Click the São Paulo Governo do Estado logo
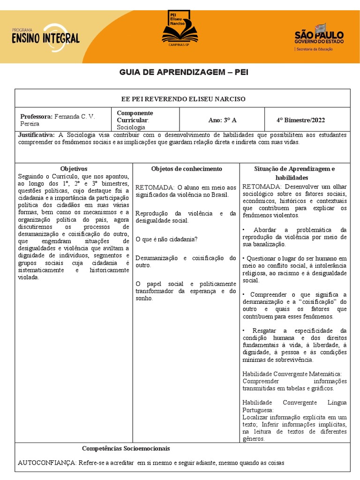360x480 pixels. [319, 37]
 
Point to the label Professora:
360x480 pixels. [37, 117]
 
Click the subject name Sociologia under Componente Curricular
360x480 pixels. [131, 127]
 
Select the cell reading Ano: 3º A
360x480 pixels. [222, 120]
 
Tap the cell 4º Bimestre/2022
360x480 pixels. [300, 120]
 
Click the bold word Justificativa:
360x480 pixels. [36, 135]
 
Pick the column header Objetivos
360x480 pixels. [74, 169]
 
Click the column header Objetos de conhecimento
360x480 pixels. [187, 169]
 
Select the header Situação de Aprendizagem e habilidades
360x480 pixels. [294, 173]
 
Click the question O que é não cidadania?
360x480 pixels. [166, 239]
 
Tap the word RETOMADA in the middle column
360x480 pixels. [155, 187]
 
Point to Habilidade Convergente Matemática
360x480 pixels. [292, 374]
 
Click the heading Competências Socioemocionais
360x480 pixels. [126, 449]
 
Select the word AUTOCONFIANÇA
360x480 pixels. [47, 463]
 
